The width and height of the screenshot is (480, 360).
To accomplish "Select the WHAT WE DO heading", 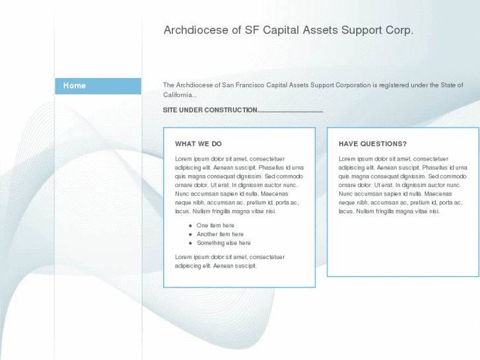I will pyautogui.click(x=198, y=144).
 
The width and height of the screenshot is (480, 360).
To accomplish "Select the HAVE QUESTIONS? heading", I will pyautogui.click(x=372, y=144).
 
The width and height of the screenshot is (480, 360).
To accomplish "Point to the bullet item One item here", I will pyautogui.click(x=215, y=226).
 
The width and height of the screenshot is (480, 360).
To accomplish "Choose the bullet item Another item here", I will pyautogui.click(x=220, y=234).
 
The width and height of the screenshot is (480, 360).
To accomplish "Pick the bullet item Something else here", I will pyautogui.click(x=223, y=243).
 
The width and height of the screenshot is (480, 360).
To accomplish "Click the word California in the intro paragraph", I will pyautogui.click(x=178, y=95).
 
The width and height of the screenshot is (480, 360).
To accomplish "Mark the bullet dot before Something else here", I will pyautogui.click(x=190, y=243).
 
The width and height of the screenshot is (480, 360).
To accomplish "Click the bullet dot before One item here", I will pyautogui.click(x=190, y=226).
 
